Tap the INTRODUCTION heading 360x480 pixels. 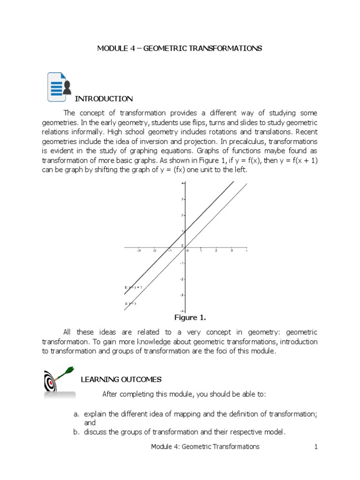pos(104,98)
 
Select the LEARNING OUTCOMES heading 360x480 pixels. pos(121,379)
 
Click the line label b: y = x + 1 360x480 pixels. pos(134,287)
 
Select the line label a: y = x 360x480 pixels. pos(130,303)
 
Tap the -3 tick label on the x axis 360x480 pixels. pos(139,251)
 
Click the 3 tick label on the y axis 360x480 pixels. pos(182,199)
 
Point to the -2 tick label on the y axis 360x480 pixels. pos(182,279)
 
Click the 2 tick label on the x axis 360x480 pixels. pos(216,251)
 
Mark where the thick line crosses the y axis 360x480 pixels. pos(185,231)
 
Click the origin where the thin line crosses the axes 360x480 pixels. pos(185,247)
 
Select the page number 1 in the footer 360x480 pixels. pos(316,447)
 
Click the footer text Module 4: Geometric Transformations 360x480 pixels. pos(205,447)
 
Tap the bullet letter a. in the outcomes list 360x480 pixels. pos(77,414)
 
